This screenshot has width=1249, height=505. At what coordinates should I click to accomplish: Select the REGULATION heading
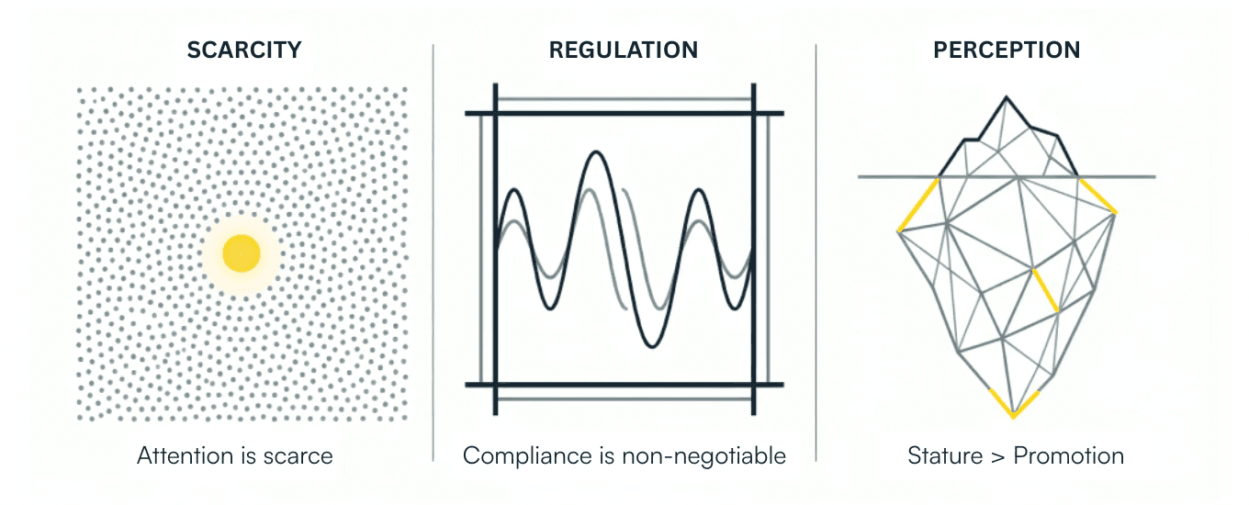[624, 50]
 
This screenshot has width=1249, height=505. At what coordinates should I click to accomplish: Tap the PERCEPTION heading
[1007, 50]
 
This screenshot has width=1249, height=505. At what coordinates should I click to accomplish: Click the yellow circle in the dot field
[242, 252]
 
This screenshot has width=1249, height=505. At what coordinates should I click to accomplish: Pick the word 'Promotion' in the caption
[1068, 455]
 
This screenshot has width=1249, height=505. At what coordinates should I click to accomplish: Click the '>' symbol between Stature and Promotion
[996, 456]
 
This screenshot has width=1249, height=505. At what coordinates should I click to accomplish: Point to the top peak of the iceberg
[1008, 97]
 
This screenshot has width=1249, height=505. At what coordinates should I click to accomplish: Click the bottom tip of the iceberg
[1014, 415]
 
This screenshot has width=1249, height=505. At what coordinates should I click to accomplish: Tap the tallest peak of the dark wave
[597, 153]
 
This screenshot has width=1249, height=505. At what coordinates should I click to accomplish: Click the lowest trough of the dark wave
[649, 345]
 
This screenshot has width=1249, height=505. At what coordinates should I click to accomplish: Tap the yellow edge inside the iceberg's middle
[1046, 291]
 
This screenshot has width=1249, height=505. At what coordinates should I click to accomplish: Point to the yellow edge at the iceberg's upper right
[1097, 196]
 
